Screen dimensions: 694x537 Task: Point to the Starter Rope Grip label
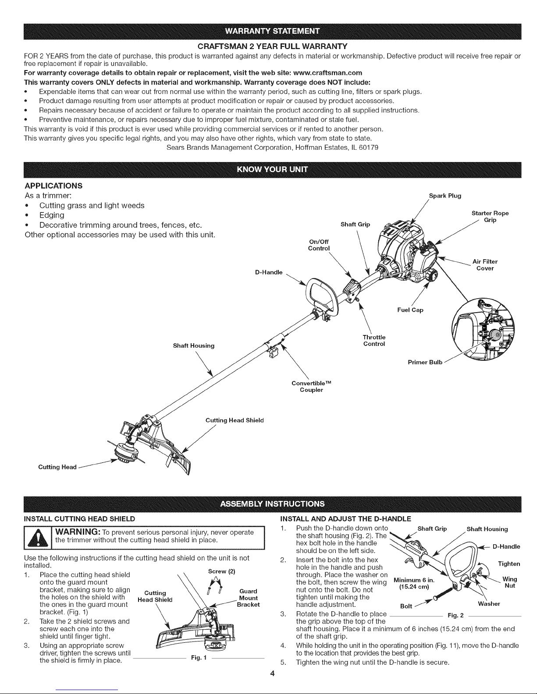coord(490,216)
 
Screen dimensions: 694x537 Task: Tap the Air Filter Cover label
coord(485,265)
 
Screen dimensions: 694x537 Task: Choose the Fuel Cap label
coord(410,310)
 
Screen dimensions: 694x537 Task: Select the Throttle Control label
coord(374,340)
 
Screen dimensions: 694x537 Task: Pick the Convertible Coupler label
coord(311,387)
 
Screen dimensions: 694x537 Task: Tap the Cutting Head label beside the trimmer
coord(58,467)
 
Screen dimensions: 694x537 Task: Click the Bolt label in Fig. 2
coord(407,606)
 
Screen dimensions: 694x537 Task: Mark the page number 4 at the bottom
coord(272,674)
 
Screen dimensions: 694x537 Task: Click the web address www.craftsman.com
coord(322,72)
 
